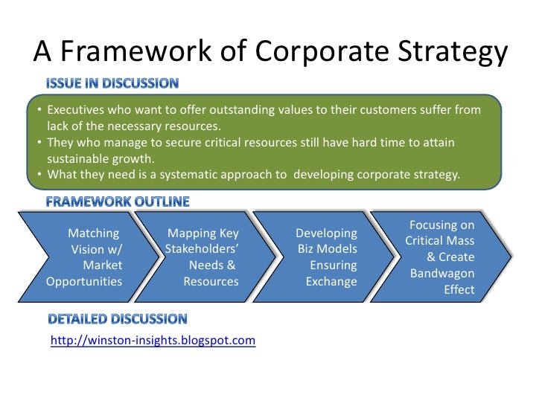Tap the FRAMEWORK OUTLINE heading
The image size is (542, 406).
118,201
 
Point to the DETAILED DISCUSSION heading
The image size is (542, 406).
118,320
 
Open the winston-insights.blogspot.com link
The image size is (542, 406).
153,341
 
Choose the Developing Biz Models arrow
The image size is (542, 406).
328,257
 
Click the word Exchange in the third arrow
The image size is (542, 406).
331,282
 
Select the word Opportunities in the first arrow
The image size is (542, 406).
84,282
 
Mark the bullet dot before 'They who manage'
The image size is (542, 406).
38,143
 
